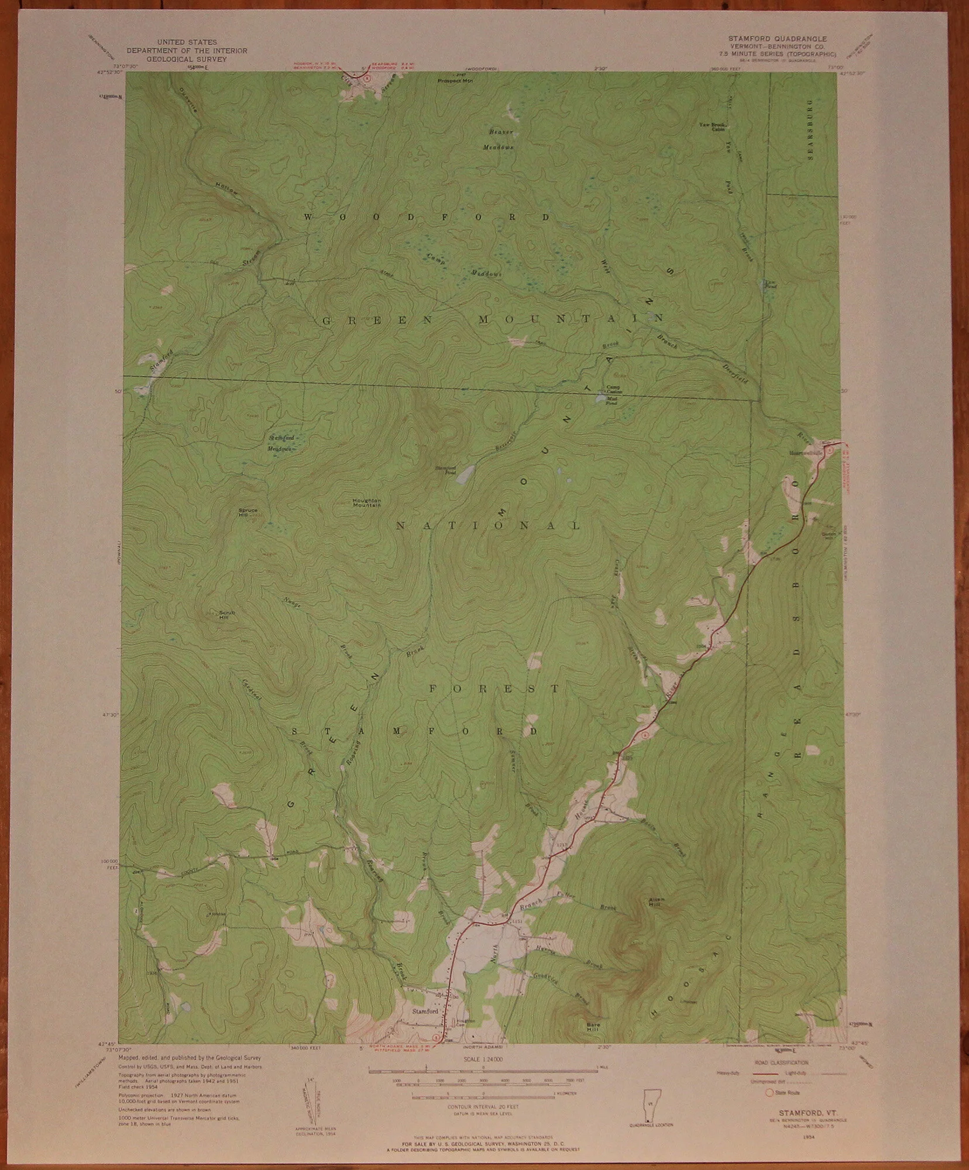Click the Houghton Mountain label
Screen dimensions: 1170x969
(x=366, y=503)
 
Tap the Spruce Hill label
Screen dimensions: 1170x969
(x=248, y=512)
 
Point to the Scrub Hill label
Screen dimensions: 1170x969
(x=226, y=614)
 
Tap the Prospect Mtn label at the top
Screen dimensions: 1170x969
(x=455, y=80)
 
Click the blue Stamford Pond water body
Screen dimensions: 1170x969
(x=464, y=474)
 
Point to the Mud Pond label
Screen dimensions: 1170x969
(x=611, y=401)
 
